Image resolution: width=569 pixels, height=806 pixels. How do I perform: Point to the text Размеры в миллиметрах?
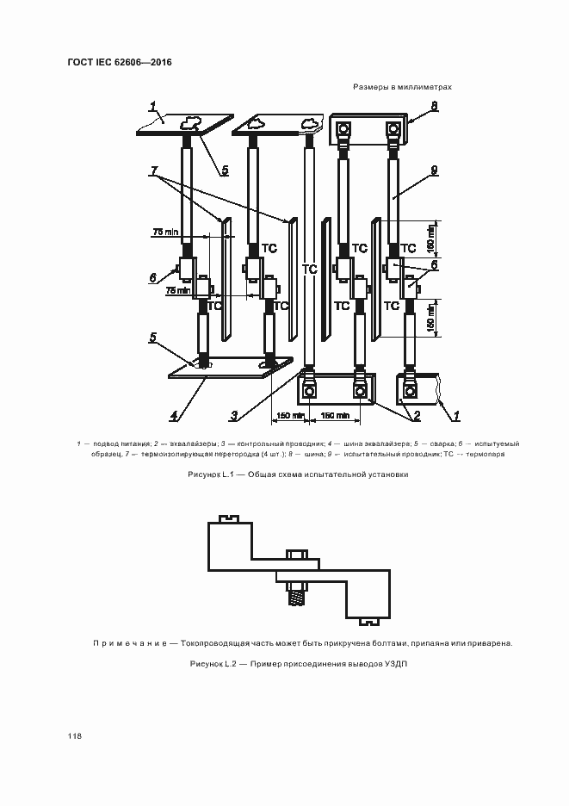401,88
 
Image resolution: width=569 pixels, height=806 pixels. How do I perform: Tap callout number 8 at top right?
434,106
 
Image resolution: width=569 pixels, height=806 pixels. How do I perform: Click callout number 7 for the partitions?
155,174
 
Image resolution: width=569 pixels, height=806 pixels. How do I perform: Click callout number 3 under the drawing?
233,416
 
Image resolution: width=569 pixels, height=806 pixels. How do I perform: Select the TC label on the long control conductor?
310,270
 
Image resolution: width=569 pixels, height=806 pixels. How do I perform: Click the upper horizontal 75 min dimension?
164,232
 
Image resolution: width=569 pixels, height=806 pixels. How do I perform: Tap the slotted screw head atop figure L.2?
228,518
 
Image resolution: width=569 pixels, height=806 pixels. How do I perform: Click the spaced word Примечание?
128,643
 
